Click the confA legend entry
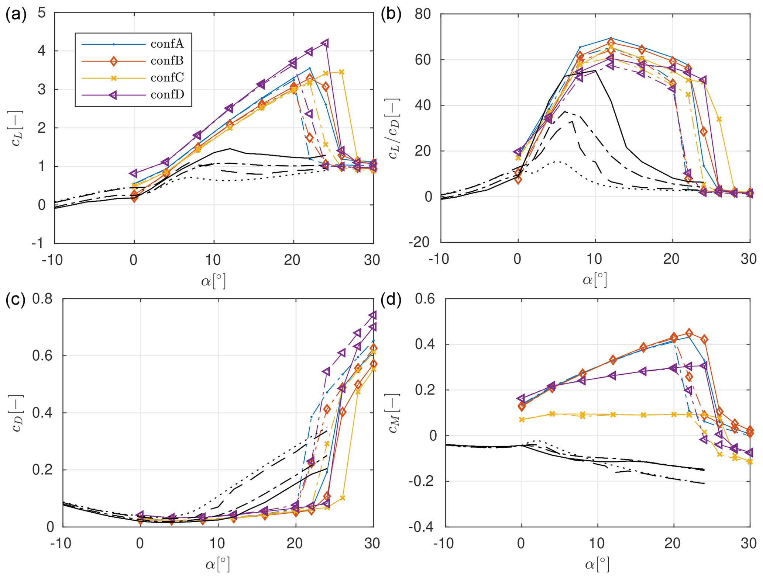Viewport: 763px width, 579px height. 167,44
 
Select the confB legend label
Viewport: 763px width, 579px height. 167,61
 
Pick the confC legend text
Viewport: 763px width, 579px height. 167,78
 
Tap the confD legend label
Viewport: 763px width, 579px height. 167,95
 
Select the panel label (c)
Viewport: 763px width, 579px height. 16,300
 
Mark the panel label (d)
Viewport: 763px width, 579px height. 391,300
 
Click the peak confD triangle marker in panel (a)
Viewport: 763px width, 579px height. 325,44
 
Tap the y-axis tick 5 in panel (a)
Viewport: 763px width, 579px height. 42,13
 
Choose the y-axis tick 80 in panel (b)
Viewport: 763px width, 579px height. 423,14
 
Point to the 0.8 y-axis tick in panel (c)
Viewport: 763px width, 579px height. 42,299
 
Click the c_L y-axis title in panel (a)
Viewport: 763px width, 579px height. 17,128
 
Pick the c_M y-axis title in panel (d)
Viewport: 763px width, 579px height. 393,413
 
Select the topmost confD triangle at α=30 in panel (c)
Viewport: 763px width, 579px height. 373,315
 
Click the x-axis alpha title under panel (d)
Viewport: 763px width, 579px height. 597,564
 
